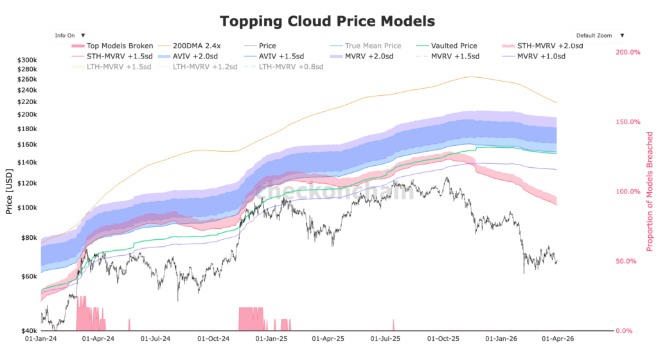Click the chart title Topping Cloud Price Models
tap(327, 21)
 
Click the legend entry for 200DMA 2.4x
tap(200, 46)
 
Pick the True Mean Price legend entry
tap(373, 46)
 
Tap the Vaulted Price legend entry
tap(454, 46)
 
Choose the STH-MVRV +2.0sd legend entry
tap(549, 46)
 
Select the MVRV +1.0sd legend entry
tap(541, 56)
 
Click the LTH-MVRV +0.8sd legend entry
tap(290, 66)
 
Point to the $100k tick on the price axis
tap(28, 208)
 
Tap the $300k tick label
tap(28, 60)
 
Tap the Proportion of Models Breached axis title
tap(650, 191)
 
